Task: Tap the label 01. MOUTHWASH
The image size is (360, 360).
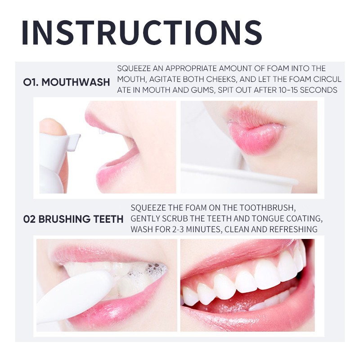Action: tap(67, 82)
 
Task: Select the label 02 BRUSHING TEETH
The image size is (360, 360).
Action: tap(73, 219)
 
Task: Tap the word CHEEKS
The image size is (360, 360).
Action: tap(221, 79)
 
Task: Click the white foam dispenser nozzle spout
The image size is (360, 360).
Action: tap(74, 141)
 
